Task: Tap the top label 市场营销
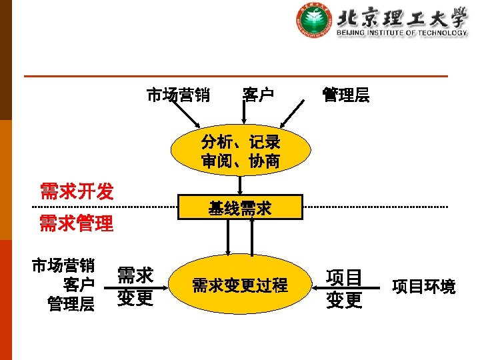178,95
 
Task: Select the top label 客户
258,95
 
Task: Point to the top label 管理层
345,95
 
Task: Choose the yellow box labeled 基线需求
240,208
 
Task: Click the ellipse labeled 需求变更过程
240,285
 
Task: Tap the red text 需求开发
77,192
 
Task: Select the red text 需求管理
76,224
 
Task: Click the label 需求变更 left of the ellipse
135,286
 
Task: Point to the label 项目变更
344,289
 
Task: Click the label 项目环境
424,287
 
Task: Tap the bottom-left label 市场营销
63,266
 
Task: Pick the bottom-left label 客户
78,285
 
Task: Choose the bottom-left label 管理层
71,304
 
